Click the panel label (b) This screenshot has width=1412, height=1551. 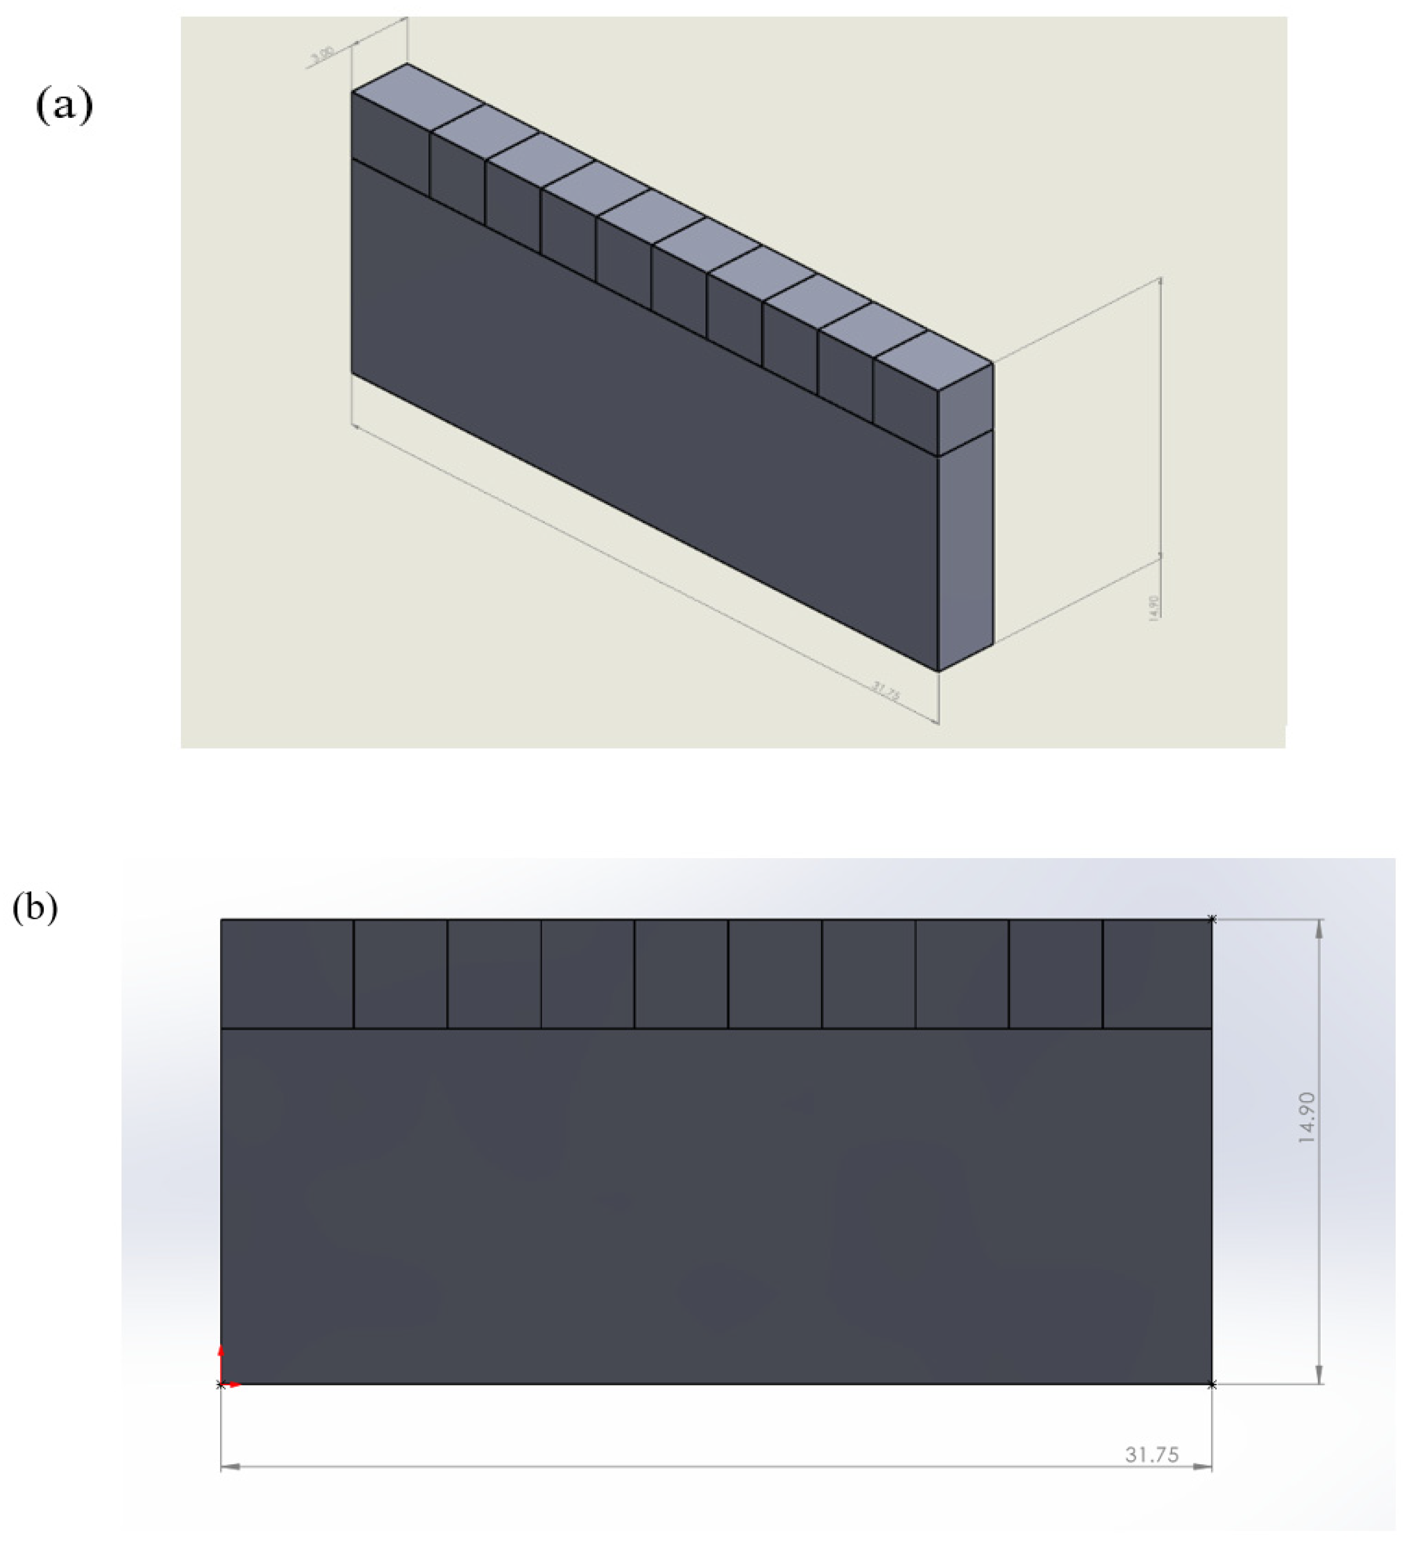[x=35, y=908]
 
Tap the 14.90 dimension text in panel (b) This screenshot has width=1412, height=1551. [x=1307, y=1116]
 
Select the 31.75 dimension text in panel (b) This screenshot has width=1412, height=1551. [x=1151, y=1454]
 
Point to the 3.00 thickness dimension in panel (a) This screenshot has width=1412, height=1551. [x=321, y=55]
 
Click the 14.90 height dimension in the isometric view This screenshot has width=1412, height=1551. [x=1153, y=606]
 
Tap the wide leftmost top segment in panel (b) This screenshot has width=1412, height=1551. [x=287, y=973]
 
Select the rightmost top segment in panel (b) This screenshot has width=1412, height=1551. [x=1157, y=973]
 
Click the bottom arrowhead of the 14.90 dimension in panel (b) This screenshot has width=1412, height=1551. [x=1320, y=1375]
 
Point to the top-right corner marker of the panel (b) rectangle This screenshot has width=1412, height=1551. [x=1212, y=919]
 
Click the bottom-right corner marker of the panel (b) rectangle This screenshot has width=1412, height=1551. [x=1212, y=1385]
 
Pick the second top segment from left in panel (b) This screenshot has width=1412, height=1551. [x=400, y=973]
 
